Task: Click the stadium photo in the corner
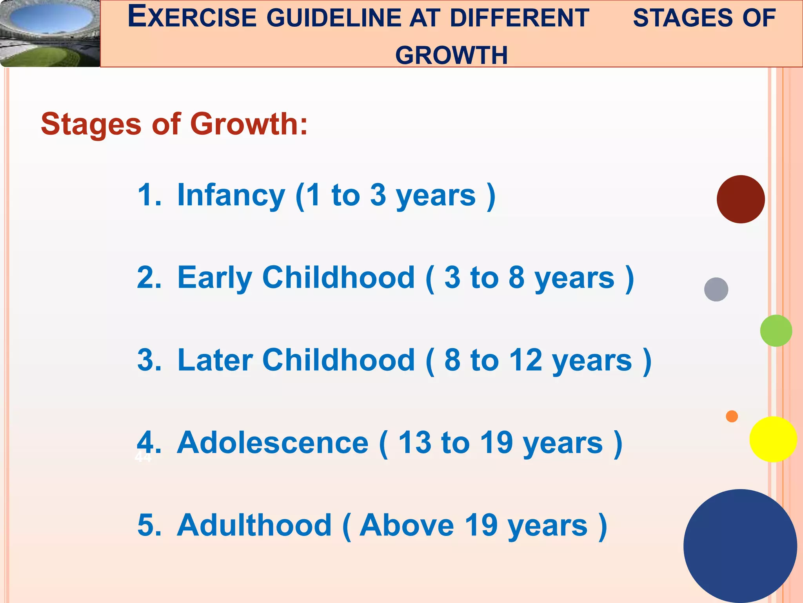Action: tap(50, 33)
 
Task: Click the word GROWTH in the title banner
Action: tap(451, 55)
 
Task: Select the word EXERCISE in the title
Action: tap(192, 17)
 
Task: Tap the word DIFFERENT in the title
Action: tap(520, 17)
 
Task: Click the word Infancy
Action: tap(231, 195)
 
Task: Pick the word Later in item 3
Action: tap(215, 360)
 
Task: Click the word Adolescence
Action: tap(273, 443)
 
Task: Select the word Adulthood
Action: tap(254, 525)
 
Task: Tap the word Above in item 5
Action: tap(407, 525)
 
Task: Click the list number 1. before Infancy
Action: tap(149, 195)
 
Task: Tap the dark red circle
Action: tap(741, 199)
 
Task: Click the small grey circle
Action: tap(716, 289)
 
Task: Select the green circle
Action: tap(776, 331)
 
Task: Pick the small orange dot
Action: tap(732, 416)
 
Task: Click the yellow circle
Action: tap(773, 439)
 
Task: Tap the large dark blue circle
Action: tap(740, 546)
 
